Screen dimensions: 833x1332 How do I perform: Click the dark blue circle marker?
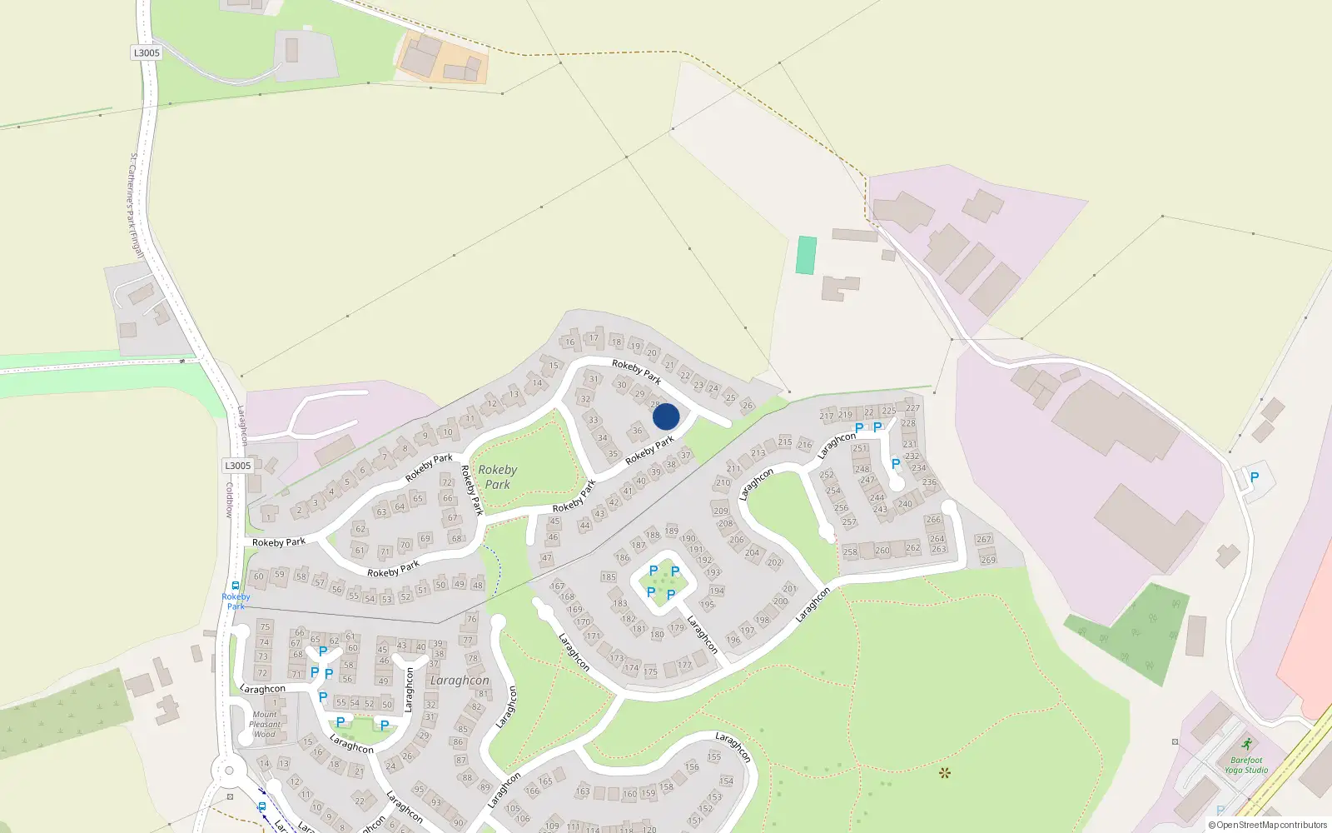(666, 416)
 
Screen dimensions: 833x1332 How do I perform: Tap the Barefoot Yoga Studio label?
(1245, 765)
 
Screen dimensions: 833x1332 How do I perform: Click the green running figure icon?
(1246, 744)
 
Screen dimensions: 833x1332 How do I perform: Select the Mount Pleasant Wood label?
(265, 724)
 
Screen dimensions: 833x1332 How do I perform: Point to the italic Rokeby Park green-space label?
(498, 476)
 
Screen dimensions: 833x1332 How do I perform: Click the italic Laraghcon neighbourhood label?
(460, 680)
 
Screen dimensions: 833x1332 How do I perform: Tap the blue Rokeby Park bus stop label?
(236, 601)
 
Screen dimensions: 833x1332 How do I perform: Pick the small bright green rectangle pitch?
(806, 255)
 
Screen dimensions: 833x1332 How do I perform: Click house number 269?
(988, 560)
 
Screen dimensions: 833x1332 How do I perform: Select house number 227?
(913, 408)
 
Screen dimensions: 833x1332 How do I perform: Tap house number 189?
(672, 531)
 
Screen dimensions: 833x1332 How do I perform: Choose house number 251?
(860, 448)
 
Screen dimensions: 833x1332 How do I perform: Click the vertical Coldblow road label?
(230, 500)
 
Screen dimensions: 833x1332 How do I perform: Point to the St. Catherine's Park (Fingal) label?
(137, 205)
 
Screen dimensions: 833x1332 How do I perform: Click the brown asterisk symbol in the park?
(944, 772)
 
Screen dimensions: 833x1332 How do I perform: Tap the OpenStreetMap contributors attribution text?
(1269, 825)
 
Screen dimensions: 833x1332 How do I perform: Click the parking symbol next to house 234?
(896, 464)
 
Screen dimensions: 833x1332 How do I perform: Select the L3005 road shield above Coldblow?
(237, 466)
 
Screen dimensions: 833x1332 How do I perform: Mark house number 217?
(827, 416)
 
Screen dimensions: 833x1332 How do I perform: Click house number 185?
(609, 576)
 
